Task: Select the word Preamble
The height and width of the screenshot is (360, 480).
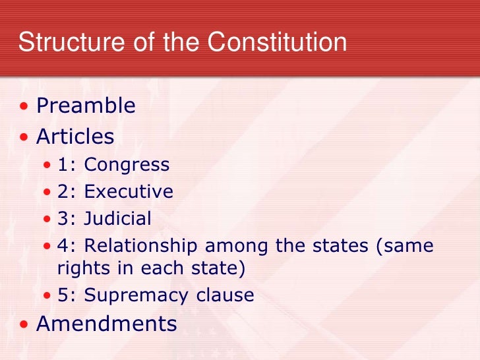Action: click(x=86, y=105)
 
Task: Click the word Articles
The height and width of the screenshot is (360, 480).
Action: click(x=75, y=136)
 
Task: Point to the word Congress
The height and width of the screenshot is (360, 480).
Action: click(x=127, y=164)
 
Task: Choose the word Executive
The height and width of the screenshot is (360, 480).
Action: click(x=129, y=191)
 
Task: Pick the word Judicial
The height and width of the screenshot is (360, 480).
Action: click(x=118, y=218)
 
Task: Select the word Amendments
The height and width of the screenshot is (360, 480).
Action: click(x=106, y=324)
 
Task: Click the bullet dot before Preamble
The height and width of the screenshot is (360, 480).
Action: click(x=24, y=106)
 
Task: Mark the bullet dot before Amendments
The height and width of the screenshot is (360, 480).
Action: click(x=24, y=324)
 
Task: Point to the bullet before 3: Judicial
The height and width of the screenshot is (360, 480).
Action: click(x=47, y=219)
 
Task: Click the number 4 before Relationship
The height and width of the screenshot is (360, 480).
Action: click(x=63, y=246)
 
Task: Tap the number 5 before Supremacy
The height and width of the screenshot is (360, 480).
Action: click(x=63, y=295)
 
